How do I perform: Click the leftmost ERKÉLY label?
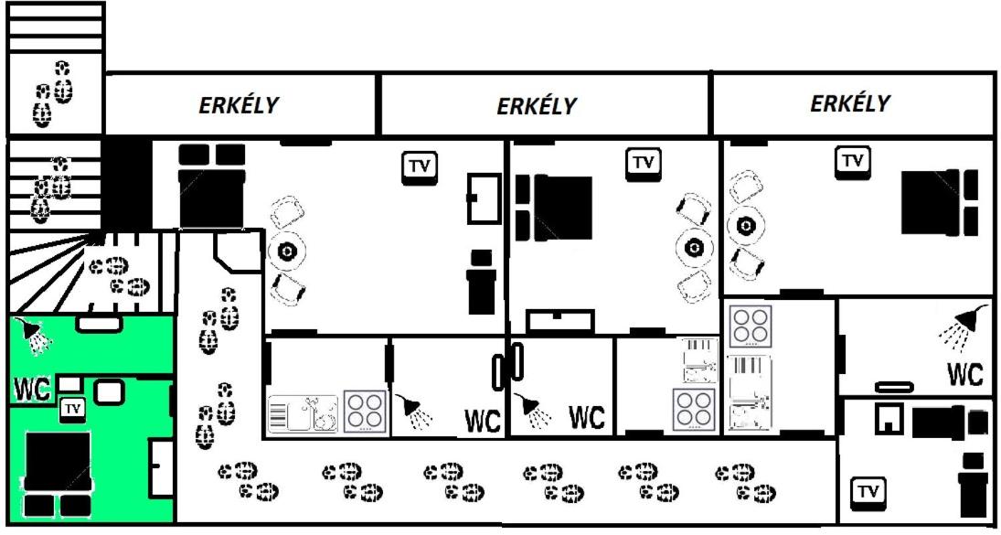239,105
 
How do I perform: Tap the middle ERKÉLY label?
537,106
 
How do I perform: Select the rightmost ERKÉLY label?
849,102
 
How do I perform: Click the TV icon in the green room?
73,409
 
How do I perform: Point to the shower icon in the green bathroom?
33,335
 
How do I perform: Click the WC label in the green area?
33,390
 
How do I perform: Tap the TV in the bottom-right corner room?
868,492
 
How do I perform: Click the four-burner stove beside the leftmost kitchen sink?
365,412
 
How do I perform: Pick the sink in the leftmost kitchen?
303,413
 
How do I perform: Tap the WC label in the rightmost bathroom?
964,375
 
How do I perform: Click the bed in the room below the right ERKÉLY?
939,202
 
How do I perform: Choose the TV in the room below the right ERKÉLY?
853,161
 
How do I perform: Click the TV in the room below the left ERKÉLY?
420,167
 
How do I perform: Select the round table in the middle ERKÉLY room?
694,247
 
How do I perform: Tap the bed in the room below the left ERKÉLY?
212,186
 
